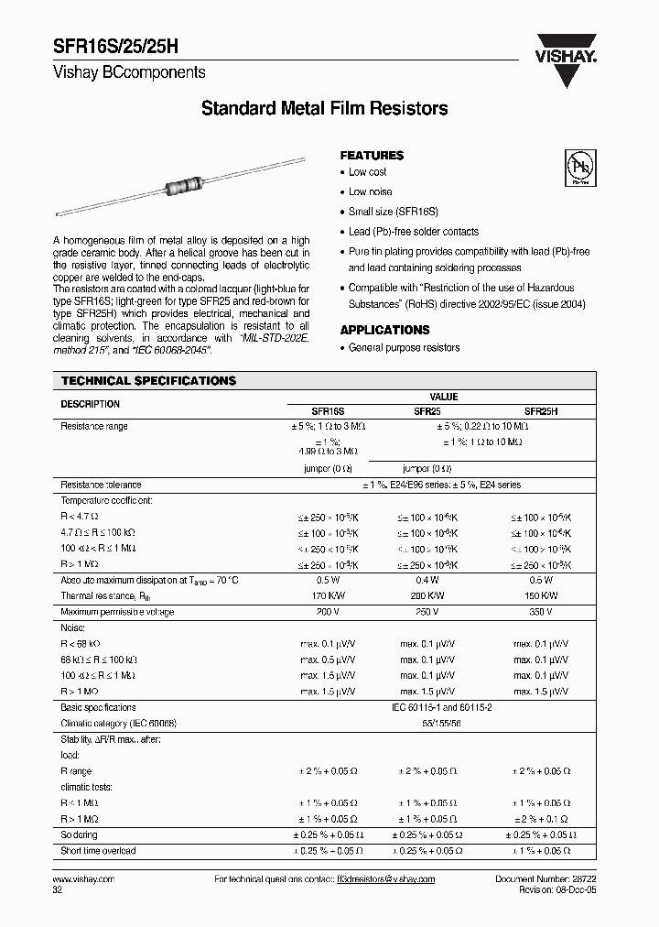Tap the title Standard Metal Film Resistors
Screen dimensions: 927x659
point(324,109)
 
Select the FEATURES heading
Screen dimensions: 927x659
point(372,156)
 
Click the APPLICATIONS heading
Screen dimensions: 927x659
point(384,330)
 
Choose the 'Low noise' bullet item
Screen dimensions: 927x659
point(370,192)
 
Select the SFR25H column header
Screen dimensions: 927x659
point(541,412)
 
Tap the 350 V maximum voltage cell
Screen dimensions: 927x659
point(541,611)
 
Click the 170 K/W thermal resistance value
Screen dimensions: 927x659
point(321,595)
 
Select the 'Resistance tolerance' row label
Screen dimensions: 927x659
point(101,485)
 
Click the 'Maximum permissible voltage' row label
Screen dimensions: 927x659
point(117,611)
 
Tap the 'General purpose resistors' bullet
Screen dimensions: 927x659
point(404,348)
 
